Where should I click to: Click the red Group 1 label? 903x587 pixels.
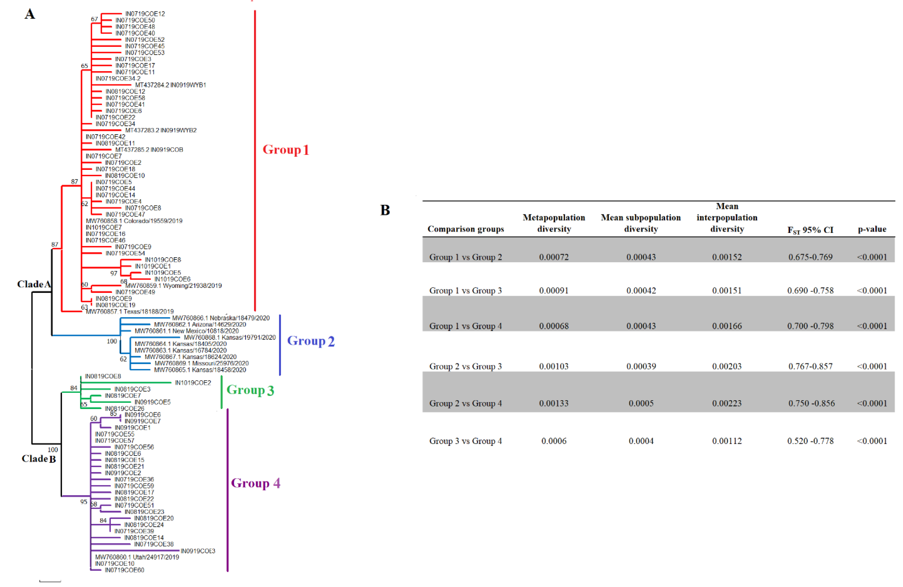pos(286,150)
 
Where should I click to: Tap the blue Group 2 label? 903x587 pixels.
pos(310,341)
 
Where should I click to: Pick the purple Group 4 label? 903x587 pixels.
pos(255,483)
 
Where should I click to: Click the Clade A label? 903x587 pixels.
pos(34,284)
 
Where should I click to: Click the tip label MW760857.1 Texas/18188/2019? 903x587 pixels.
pos(130,311)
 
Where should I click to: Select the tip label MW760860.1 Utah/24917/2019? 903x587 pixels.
pos(137,557)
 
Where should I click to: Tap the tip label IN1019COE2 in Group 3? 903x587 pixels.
pos(193,383)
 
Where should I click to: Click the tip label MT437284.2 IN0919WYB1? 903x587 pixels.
pos(170,85)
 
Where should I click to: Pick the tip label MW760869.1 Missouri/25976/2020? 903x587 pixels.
pos(202,363)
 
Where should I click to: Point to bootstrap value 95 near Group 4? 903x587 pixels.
pos(84,502)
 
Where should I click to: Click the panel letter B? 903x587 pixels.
pos(385,210)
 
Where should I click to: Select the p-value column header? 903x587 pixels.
pos(872,229)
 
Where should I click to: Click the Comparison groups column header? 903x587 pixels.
pos(466,229)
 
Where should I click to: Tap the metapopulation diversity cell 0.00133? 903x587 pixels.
pos(554,403)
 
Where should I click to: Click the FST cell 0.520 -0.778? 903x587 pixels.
pos(811,441)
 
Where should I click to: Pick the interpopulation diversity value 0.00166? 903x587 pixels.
pos(727,326)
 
